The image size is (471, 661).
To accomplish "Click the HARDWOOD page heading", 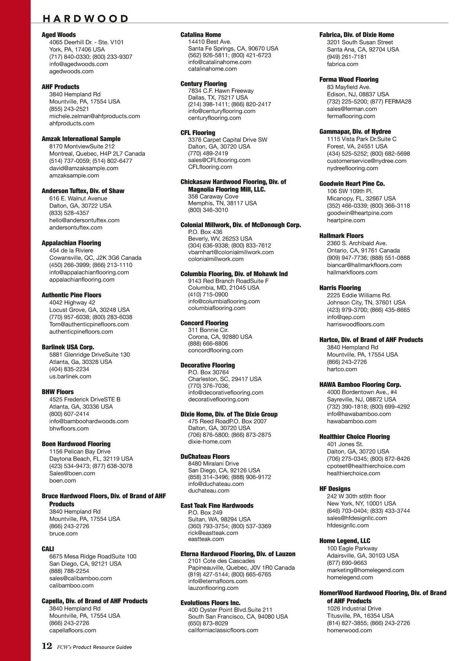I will [x=85, y=18].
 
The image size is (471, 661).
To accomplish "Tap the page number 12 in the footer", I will [x=47, y=646].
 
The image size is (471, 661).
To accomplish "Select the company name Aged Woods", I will [x=58, y=35].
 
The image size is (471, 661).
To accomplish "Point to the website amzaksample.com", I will [x=74, y=175].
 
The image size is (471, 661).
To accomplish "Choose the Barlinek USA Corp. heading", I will [x=68, y=347].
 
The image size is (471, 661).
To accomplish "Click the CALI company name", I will [x=48, y=549].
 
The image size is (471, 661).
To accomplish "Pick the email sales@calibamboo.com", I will [x=80, y=578].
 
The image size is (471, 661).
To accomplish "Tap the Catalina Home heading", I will [x=201, y=35].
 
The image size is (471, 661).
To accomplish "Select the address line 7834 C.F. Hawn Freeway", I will [x=221, y=91].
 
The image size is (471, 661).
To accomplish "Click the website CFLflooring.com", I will [x=210, y=167].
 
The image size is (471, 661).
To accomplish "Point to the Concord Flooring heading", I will [x=204, y=323].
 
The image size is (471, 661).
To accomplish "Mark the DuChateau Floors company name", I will [x=205, y=456].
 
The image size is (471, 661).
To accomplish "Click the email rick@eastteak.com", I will [x=213, y=533].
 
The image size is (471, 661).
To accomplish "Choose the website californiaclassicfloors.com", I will [x=223, y=630].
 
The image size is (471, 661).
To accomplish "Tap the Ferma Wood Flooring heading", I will [x=349, y=79].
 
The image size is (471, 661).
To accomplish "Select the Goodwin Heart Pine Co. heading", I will [x=352, y=183].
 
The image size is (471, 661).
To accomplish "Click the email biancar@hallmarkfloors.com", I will [x=364, y=265].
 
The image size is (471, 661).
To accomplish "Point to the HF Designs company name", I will [x=335, y=489].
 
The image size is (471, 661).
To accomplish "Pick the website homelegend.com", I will [x=350, y=577].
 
